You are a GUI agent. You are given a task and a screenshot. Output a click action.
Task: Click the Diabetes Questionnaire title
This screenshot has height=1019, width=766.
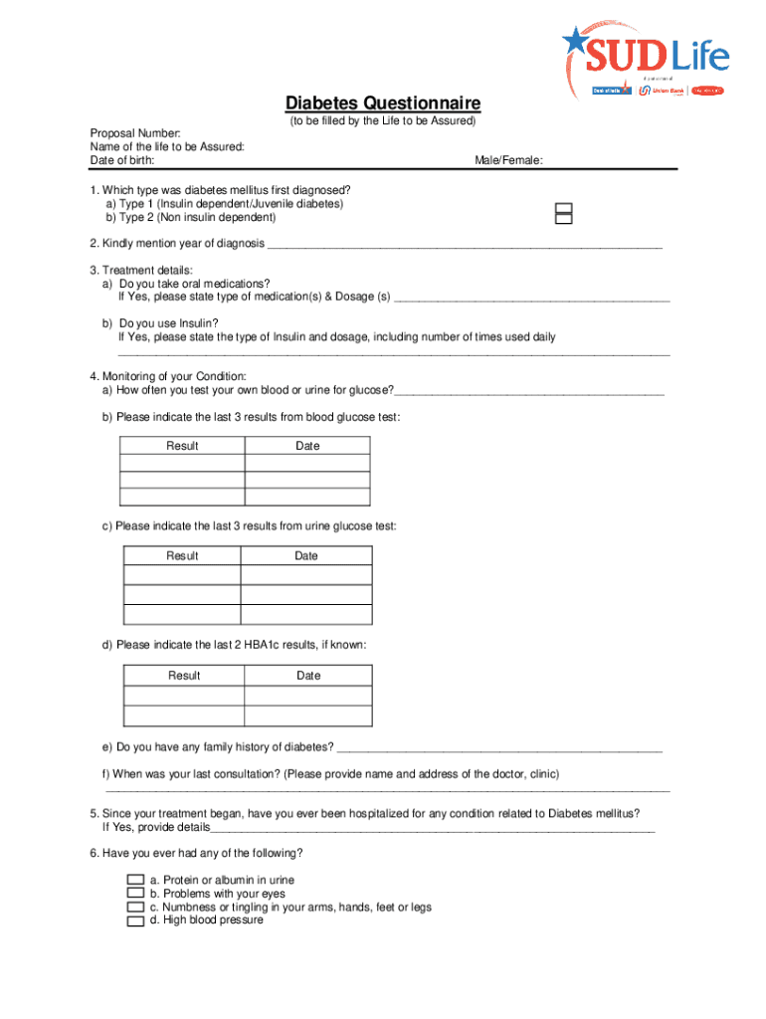coord(383,103)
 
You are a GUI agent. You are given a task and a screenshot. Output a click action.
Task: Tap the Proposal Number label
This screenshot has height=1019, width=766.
coord(135,133)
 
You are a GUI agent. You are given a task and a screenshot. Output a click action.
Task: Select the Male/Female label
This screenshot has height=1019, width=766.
coord(508,160)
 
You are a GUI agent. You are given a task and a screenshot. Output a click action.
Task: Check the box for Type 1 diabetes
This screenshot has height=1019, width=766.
coord(564,207)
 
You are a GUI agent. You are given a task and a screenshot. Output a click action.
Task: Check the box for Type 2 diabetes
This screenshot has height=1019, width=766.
coord(564,219)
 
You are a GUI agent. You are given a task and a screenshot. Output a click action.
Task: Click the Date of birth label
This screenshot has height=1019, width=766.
coord(122,160)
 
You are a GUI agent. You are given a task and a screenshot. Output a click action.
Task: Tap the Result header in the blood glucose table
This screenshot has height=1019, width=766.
coord(183,446)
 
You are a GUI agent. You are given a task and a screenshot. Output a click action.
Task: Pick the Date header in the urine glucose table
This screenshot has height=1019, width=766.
coord(306,555)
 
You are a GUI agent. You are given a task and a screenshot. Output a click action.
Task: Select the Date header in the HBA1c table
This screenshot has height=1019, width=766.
coord(308,676)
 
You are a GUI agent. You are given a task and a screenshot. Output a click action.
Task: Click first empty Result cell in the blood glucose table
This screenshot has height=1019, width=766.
coord(183,463)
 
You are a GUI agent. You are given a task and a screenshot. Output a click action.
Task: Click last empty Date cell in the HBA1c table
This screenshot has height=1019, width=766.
coord(308,715)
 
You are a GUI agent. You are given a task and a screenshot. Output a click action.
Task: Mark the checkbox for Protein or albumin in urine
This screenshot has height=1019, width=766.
coord(135,881)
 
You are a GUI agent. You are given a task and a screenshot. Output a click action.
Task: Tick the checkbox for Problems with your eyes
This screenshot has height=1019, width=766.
coord(135,894)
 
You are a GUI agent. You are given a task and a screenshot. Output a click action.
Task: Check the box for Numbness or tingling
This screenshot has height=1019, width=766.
coord(135,908)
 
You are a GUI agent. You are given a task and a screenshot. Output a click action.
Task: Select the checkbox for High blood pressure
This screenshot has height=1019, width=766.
coord(135,921)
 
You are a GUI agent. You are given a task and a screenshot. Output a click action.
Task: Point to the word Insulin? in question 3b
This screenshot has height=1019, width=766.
coord(196,323)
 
